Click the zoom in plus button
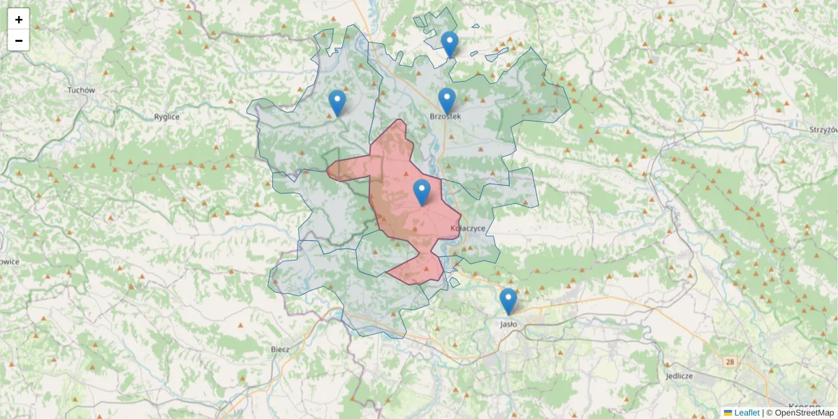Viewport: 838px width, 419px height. pos(19,20)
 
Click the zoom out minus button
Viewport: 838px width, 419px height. pos(19,41)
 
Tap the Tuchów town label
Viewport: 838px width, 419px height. pos(81,90)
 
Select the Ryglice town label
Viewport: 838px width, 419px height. pos(167,117)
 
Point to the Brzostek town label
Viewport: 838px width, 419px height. pos(445,117)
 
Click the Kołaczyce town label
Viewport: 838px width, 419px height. pos(467,228)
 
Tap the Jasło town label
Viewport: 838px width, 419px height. pos(508,324)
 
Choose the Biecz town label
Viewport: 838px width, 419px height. pos(280,348)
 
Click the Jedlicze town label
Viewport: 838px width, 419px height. pos(679,375)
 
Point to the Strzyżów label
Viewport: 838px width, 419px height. pos(823,130)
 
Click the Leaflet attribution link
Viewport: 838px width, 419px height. pos(746,413)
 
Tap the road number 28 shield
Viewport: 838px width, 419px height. pos(730,362)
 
